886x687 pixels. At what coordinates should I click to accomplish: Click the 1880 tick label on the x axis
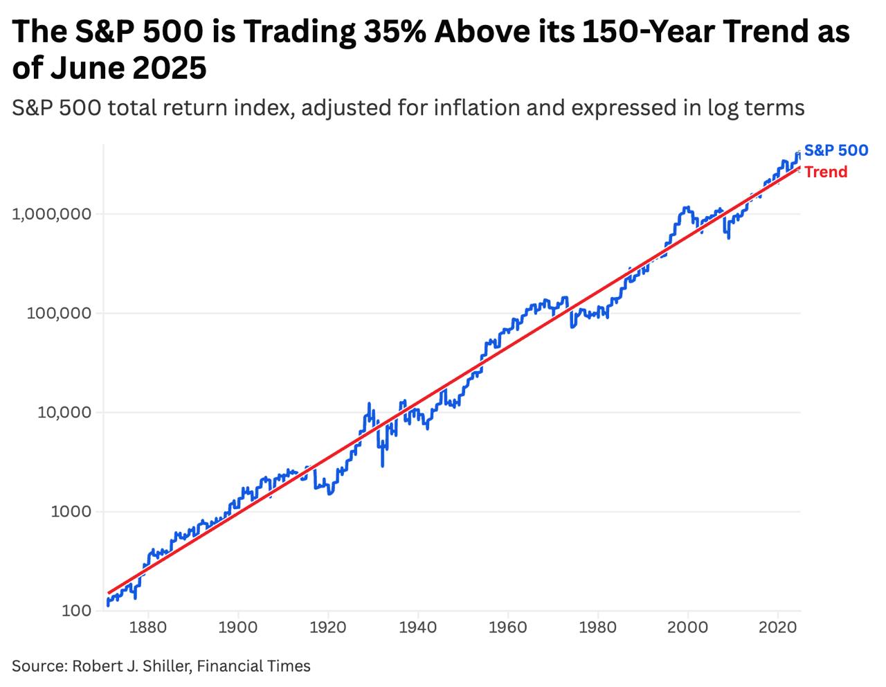click(x=147, y=627)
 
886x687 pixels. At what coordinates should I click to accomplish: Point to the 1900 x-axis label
click(x=238, y=627)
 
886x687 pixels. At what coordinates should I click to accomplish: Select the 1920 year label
click(x=328, y=627)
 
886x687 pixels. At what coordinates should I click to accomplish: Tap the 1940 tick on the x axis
click(x=418, y=627)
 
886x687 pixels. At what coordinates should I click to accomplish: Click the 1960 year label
click(x=508, y=627)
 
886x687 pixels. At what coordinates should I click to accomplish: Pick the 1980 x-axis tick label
click(x=598, y=627)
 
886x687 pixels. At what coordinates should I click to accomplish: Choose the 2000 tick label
click(x=688, y=627)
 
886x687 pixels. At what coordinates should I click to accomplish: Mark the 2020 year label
click(x=778, y=627)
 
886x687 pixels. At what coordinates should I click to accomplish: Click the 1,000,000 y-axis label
click(x=52, y=214)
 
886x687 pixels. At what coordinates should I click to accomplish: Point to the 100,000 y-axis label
click(x=59, y=313)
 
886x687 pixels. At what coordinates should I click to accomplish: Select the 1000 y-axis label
click(x=72, y=512)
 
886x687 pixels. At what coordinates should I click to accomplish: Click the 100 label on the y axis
click(x=76, y=611)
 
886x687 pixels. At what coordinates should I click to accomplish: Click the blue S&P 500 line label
click(x=835, y=150)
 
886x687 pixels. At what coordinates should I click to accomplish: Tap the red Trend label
click(x=826, y=172)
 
